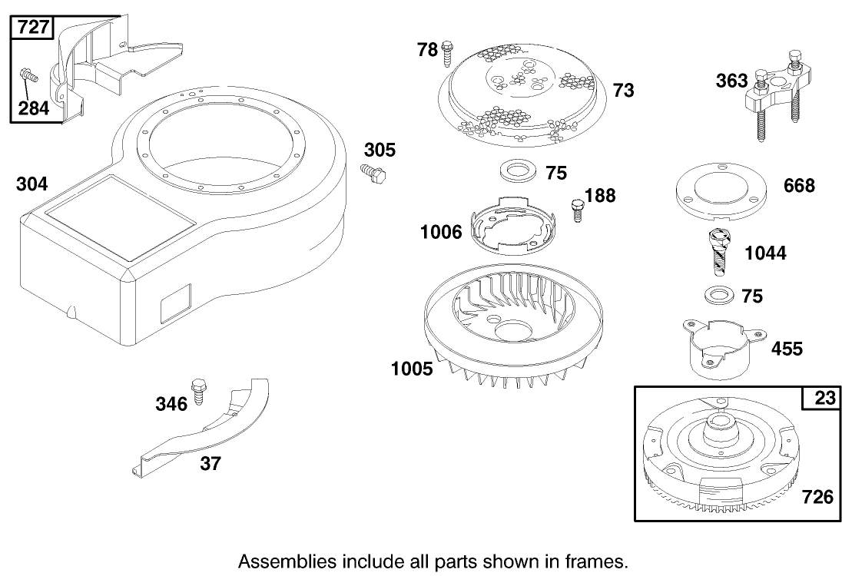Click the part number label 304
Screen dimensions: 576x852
coord(31,184)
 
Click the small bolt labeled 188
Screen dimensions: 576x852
coord(576,208)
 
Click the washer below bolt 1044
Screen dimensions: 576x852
coord(716,294)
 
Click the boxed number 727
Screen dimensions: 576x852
coord(31,28)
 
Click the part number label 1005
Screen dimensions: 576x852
coord(412,369)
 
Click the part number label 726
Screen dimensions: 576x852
coord(817,497)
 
